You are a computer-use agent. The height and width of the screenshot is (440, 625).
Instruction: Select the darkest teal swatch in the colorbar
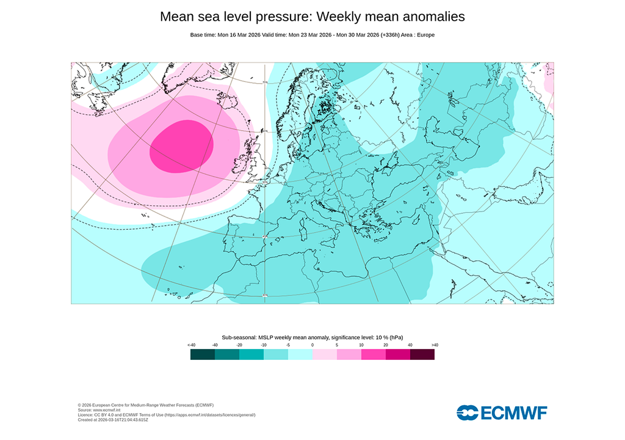coord(203,354)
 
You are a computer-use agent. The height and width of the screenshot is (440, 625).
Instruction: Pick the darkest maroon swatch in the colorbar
coord(422,354)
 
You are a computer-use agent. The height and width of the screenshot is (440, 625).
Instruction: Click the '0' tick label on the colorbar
coord(312,345)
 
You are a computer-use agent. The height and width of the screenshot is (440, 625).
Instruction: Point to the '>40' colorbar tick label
coord(435,345)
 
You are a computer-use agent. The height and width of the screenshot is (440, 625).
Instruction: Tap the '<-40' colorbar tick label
coord(191,345)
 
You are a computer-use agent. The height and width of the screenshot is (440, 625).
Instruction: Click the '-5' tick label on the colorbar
coord(288,345)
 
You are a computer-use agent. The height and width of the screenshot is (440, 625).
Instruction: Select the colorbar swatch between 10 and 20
coord(374,354)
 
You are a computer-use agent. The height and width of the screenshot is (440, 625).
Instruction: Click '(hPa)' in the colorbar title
coord(396,337)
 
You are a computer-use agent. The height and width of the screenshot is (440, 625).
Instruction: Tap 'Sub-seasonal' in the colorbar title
coord(239,337)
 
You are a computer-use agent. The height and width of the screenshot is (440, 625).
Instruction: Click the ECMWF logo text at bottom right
coord(514,413)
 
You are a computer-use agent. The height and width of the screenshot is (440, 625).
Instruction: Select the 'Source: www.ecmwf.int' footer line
coord(101,410)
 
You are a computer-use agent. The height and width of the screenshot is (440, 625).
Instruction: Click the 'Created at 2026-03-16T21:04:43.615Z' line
coord(113,420)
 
